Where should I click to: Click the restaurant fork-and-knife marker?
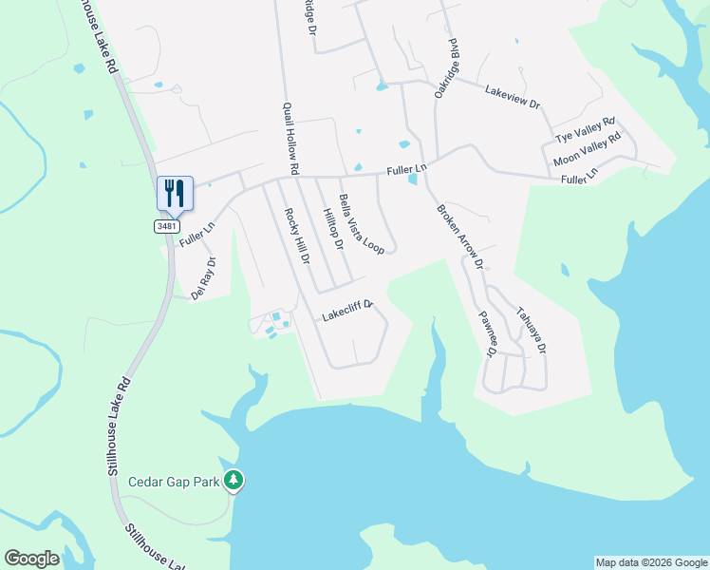click(x=175, y=193)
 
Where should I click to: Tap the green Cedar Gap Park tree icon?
click(x=234, y=482)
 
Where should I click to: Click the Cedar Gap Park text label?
click(x=174, y=482)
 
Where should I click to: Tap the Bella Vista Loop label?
click(x=361, y=224)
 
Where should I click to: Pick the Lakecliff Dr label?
click(x=348, y=310)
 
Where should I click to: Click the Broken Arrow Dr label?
click(x=459, y=237)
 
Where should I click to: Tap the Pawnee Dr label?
click(x=486, y=332)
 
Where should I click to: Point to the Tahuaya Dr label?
click(x=530, y=329)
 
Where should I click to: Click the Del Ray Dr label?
click(x=203, y=278)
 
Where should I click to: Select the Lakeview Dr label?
click(x=512, y=97)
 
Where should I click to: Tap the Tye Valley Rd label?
click(x=585, y=129)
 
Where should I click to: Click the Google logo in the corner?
click(x=31, y=559)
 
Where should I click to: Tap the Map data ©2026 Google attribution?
click(x=651, y=562)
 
